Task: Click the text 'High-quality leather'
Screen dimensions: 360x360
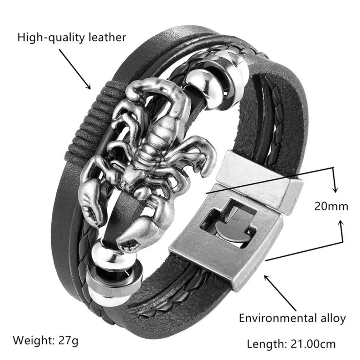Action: [x=72, y=37]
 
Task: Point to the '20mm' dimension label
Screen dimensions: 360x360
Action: [x=331, y=206]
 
